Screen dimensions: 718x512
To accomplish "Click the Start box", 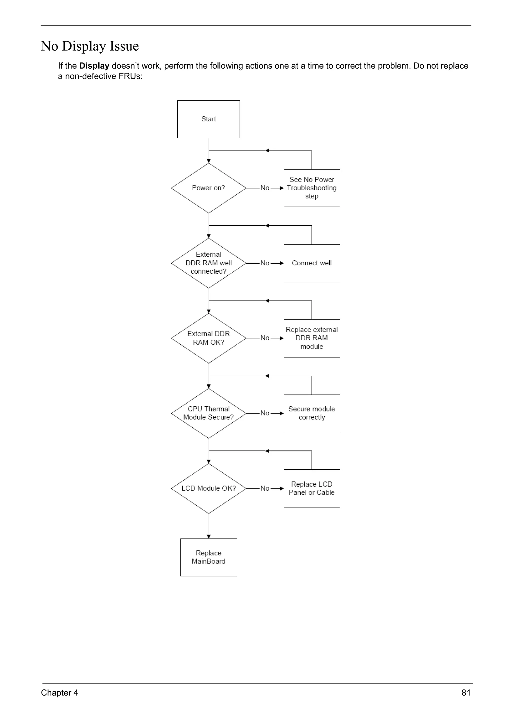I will point(208,119).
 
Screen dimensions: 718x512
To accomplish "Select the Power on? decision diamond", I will point(208,188).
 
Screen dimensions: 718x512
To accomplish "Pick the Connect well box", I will point(311,263).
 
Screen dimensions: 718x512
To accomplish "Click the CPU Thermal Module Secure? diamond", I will point(208,413).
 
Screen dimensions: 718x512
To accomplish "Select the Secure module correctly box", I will point(311,413).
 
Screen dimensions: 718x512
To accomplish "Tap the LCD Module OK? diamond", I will point(208,488).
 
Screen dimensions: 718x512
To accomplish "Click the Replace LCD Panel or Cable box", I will point(311,488).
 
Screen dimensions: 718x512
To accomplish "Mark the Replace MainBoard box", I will point(208,557).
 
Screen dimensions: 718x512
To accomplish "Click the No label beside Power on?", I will point(265,188).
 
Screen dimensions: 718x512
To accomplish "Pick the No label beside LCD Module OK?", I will point(265,488).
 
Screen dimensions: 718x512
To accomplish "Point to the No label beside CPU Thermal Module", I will point(265,413).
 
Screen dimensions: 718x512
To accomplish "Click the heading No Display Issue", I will point(90,46).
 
